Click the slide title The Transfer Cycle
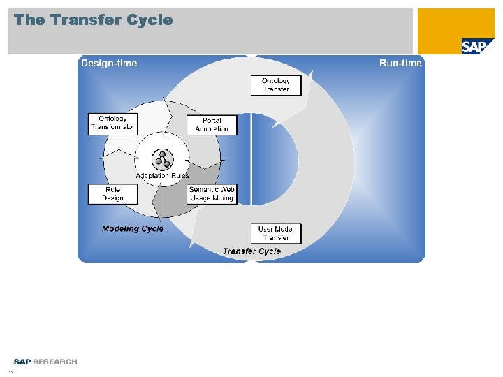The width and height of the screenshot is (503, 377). [93, 20]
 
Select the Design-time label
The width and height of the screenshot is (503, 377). [109, 64]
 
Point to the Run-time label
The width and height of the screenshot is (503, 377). [400, 64]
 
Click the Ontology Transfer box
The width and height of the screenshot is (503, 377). [276, 85]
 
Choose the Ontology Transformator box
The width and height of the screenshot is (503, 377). [112, 123]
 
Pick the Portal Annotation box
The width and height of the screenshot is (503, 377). [212, 125]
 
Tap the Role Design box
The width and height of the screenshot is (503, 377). [112, 194]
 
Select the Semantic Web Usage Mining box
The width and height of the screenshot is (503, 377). [212, 194]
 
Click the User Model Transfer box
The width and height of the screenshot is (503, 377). [276, 233]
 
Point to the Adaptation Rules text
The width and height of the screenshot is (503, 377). [162, 176]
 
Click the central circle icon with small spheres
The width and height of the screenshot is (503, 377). [163, 159]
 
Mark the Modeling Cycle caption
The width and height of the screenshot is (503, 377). [133, 229]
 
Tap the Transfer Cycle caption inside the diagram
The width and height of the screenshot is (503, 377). [251, 251]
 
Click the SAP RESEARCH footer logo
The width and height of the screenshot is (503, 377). [45, 362]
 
